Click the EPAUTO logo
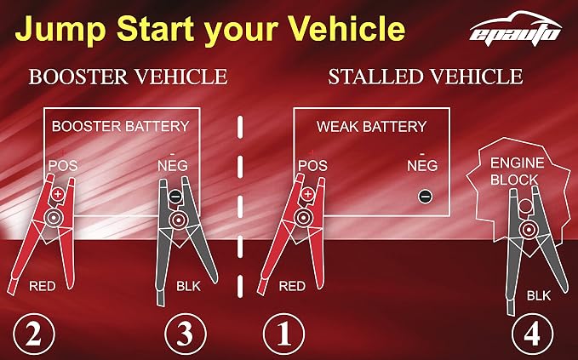pos(515,29)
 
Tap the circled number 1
pos(283,334)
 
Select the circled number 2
pos(34,334)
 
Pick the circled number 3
pos(185,334)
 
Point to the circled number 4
pos(532,334)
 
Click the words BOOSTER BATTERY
pos(121,127)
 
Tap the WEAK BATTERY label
pos(371,127)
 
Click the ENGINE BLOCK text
pos(517,171)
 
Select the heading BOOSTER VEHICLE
pos(128,77)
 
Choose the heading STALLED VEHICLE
pos(426,77)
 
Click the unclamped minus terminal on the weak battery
pos(425,196)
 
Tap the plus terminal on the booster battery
pos(57,194)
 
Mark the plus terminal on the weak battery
pos(307,194)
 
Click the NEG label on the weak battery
pos(422,166)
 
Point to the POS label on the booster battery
pos(63,165)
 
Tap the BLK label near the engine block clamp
pos(539,295)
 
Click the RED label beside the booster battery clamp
pos(43,286)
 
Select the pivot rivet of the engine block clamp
pos(529,229)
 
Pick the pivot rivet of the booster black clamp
pos(179,220)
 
